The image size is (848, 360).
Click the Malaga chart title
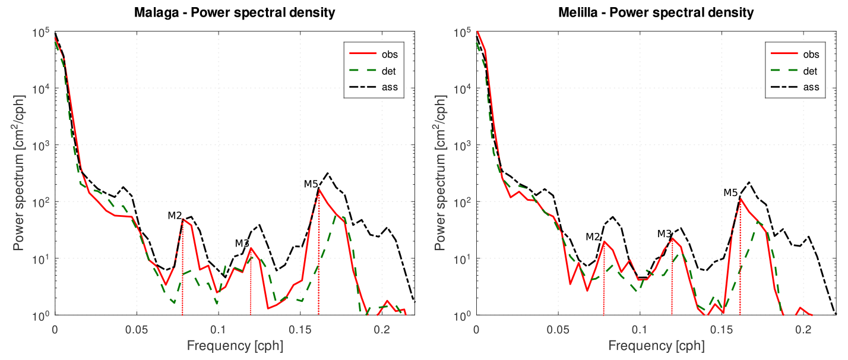coord(235,12)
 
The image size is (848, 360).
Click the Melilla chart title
coord(656,12)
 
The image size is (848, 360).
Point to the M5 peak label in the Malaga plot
coord(311,184)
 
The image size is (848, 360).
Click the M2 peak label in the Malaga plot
coord(174,215)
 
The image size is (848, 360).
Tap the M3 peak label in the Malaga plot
coord(242,243)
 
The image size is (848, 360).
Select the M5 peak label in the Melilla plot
coord(730,192)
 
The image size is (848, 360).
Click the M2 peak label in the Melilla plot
coord(593,236)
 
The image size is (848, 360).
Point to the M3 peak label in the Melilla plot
coord(664,233)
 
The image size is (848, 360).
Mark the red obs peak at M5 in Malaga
coord(318,190)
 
